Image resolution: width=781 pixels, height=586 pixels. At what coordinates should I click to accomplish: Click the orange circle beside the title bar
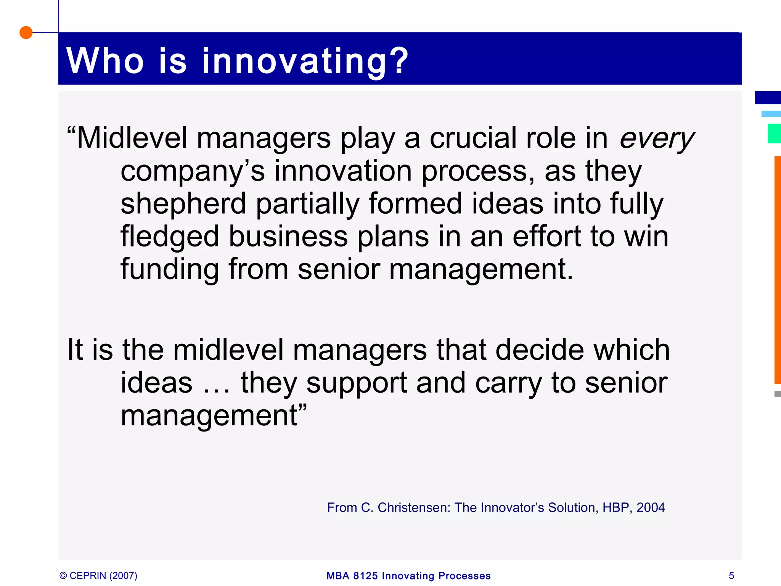click(26, 32)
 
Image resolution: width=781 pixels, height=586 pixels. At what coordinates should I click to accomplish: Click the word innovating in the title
click(305, 61)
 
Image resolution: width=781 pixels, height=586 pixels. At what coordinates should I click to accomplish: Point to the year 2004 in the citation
click(651, 508)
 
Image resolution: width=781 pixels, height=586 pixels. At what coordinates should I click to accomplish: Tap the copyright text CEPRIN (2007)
click(103, 576)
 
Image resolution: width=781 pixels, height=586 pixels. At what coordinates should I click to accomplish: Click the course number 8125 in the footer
click(365, 576)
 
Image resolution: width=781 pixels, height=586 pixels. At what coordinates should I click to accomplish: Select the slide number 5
click(731, 576)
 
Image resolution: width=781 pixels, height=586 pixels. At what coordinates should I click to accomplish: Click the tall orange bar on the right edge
click(777, 270)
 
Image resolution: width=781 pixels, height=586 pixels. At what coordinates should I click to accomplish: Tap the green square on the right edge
click(774, 134)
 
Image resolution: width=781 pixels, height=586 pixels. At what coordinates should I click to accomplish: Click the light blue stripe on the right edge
click(771, 114)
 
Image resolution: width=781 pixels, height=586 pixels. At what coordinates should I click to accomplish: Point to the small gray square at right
click(777, 394)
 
